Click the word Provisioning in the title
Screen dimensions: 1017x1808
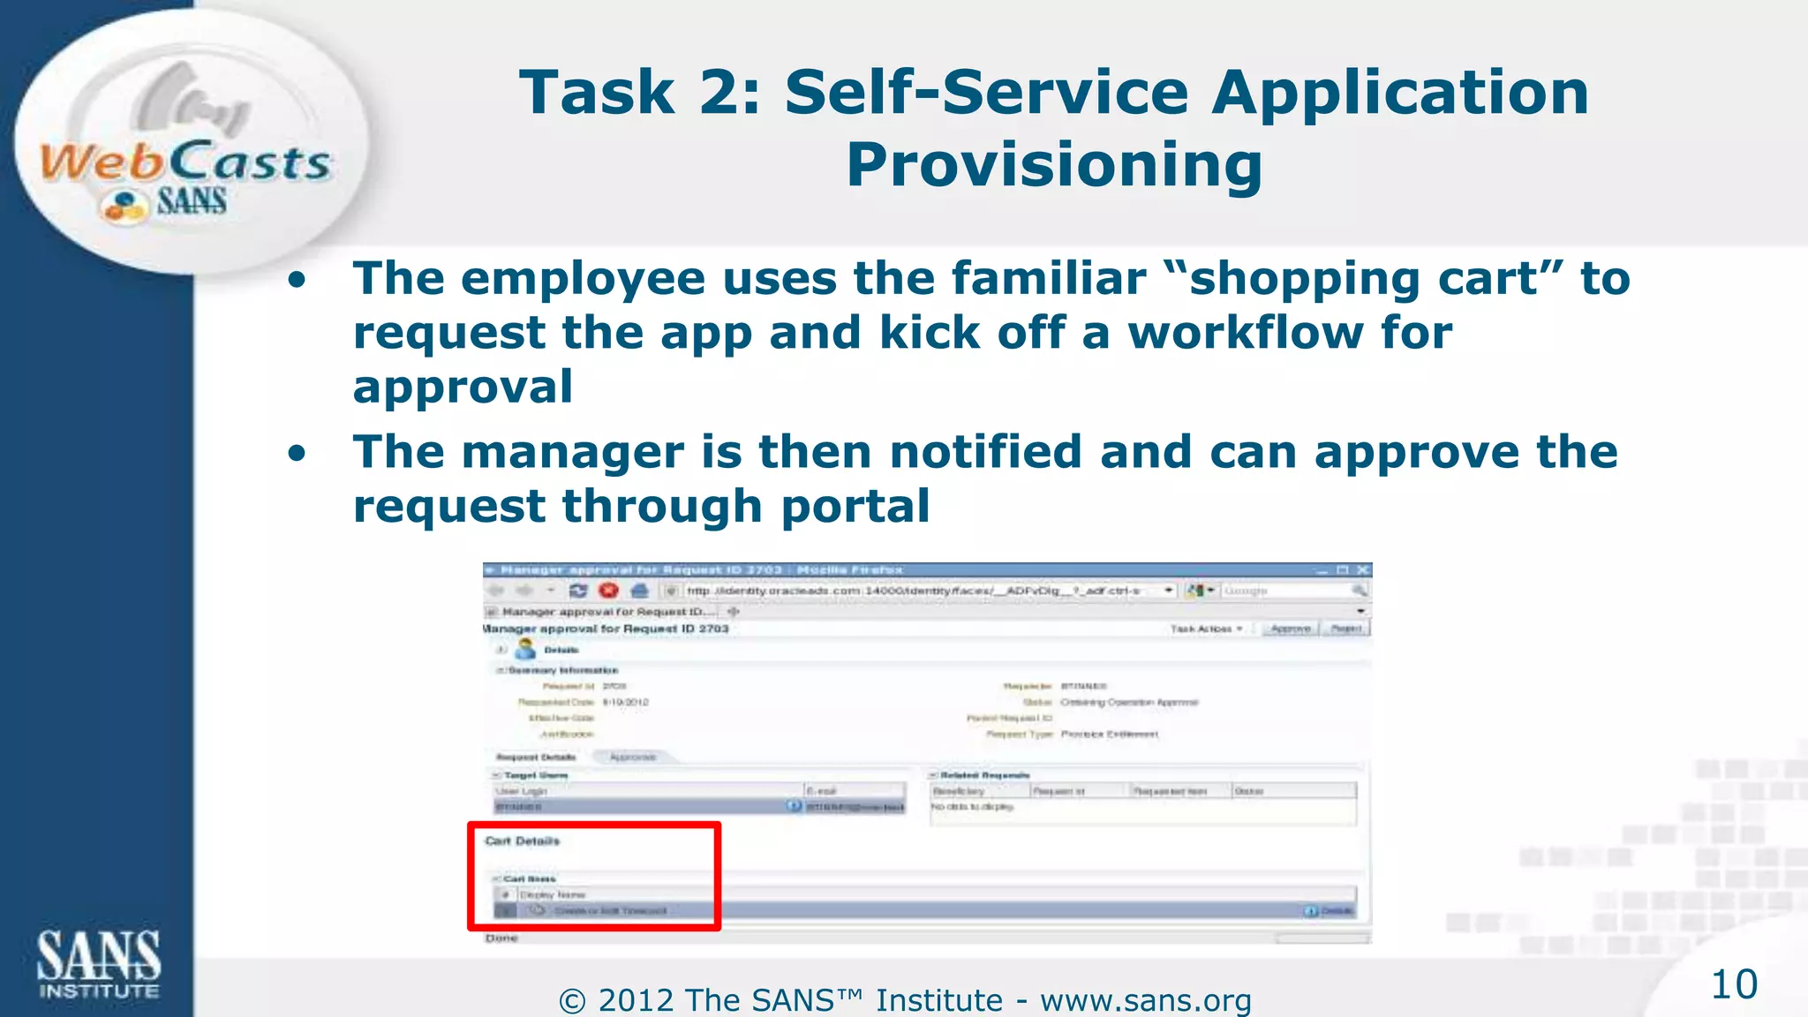1054,165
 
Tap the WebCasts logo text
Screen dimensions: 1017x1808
185,162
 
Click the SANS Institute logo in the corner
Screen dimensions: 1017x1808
98,963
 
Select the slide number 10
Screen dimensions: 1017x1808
1734,984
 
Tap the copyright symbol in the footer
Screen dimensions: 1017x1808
572,1001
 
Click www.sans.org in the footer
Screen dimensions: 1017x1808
1145,1001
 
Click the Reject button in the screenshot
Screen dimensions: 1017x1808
1346,629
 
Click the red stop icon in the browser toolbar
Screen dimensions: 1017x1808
608,591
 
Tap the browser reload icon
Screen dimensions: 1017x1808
578,591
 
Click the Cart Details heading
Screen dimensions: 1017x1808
522,841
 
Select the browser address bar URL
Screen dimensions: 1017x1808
914,591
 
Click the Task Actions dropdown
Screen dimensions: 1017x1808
1206,629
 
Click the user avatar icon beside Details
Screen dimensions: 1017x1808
525,650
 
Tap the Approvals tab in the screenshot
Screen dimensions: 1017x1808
633,757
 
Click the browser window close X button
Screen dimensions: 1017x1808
1362,570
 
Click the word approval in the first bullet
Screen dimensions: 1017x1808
463,388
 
